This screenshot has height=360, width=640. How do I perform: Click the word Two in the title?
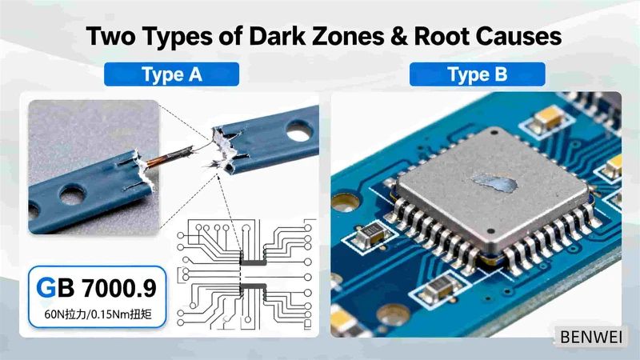click(109, 37)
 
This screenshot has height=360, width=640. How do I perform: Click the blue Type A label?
click(171, 75)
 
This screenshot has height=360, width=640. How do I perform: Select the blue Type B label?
click(477, 75)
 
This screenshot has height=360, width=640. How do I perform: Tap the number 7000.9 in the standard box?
click(117, 286)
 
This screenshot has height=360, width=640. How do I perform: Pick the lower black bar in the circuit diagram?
click(254, 286)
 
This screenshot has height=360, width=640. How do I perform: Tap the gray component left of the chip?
click(370, 234)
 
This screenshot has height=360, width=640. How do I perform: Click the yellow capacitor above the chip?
click(550, 119)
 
